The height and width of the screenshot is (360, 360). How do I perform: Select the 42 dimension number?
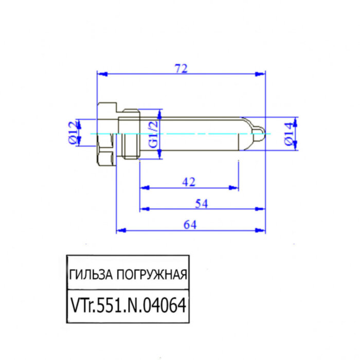[189, 181]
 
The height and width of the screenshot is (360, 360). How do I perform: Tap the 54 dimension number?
[202, 204]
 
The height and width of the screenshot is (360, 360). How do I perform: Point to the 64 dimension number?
[190, 225]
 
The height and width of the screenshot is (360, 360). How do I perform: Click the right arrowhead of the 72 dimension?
[262, 74]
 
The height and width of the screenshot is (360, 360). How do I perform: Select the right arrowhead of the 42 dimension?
[236, 188]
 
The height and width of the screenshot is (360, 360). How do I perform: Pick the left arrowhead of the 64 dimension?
[120, 231]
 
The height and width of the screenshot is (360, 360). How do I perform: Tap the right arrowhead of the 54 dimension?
[262, 209]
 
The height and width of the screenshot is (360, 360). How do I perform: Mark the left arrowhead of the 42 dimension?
[143, 188]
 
